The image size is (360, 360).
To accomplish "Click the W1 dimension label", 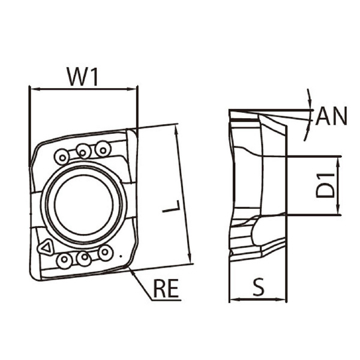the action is pos(83,76).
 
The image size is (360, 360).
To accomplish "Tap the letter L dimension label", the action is pos(172,206).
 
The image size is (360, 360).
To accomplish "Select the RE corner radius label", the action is pos(166,288).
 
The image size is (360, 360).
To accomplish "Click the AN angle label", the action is pos(331,116).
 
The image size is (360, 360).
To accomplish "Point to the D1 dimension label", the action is pos(325,186).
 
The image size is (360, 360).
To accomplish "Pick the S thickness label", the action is pos(259,287).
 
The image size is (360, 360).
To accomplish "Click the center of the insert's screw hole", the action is pos(84,204).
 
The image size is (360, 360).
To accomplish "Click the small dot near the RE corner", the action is pos(121,256).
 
